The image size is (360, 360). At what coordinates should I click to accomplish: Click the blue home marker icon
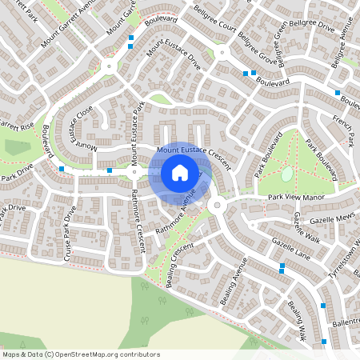click(180, 173)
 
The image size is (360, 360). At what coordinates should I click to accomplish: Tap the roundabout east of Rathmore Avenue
click(215, 206)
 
